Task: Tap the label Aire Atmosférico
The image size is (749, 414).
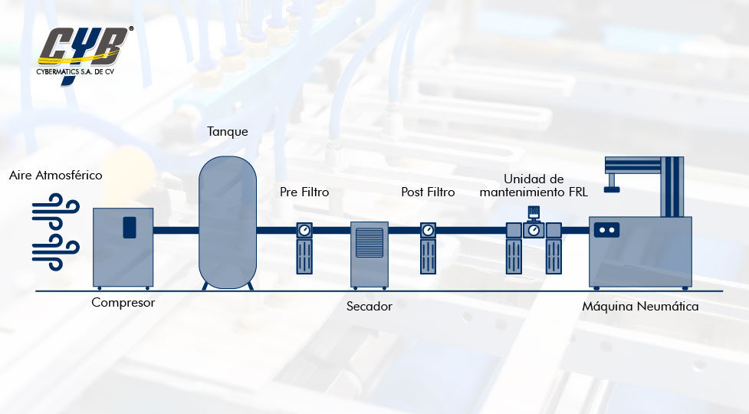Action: (56, 176)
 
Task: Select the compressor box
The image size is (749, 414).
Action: (123, 247)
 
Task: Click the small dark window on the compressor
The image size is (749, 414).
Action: (129, 227)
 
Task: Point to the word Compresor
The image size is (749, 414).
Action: (123, 303)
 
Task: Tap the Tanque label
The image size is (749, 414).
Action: (228, 132)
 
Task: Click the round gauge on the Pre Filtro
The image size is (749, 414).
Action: (304, 230)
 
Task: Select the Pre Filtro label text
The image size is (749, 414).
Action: (304, 192)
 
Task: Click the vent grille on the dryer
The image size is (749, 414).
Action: (370, 242)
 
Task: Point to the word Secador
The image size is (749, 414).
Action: (369, 307)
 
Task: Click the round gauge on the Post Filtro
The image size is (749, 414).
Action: (428, 230)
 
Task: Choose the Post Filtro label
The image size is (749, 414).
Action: (428, 192)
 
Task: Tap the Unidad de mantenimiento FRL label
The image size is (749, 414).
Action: (534, 186)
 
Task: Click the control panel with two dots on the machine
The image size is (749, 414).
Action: (607, 229)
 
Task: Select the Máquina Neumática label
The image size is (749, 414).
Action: (640, 307)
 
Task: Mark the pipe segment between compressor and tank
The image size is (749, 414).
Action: (176, 230)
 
